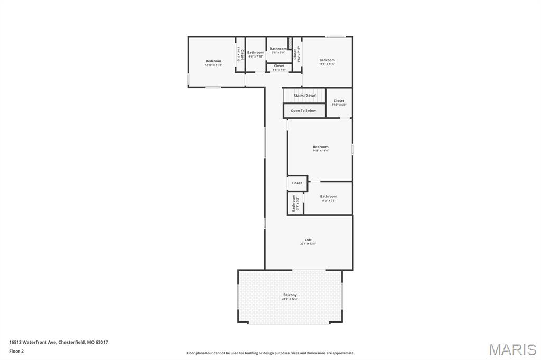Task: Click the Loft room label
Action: tap(308, 240)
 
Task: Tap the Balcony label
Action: tap(290, 295)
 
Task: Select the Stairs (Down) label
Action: tap(305, 96)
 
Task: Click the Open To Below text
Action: tap(303, 111)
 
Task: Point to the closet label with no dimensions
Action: tap(297, 183)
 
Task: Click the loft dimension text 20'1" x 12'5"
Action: tap(308, 244)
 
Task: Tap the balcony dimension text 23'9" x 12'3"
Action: tap(290, 299)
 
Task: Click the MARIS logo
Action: tap(512, 349)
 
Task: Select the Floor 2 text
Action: tap(16, 350)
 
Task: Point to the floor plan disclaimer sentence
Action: tap(270, 353)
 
